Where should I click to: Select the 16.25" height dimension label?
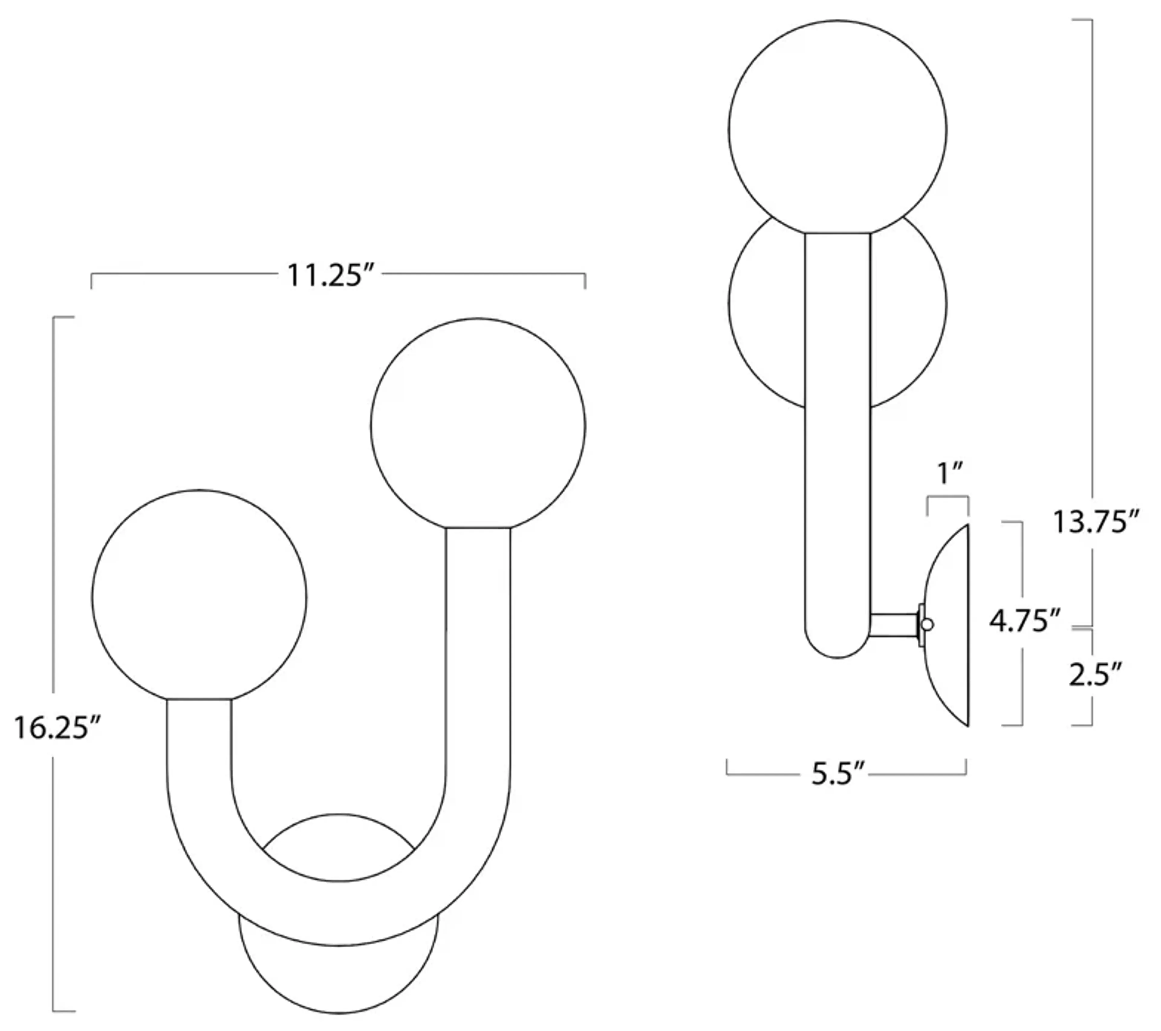tap(57, 728)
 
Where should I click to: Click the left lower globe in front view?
tap(199, 596)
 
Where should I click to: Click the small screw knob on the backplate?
tap(928, 625)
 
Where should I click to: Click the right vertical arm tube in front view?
tap(478, 653)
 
